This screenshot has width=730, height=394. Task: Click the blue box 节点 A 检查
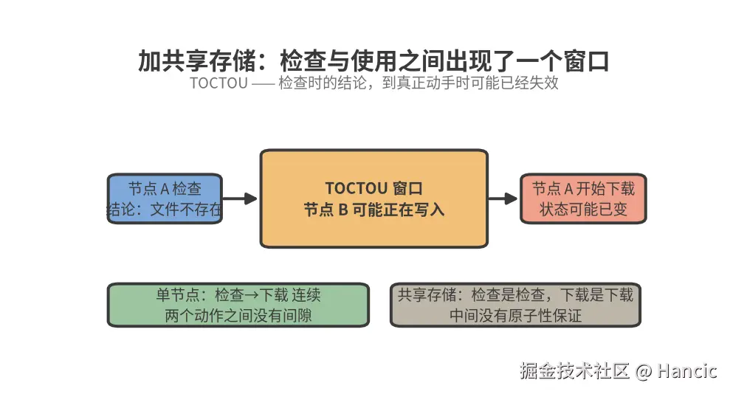pyautogui.click(x=165, y=198)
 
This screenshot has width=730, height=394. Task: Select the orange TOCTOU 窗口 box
pyautogui.click(x=373, y=198)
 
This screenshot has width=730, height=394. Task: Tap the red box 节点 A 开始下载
pyautogui.click(x=583, y=198)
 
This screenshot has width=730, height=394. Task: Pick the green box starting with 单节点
pyautogui.click(x=238, y=305)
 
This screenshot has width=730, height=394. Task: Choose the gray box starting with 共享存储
pyautogui.click(x=515, y=305)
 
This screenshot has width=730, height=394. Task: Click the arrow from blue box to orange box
pyautogui.click(x=240, y=198)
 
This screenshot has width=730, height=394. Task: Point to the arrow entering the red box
pyautogui.click(x=503, y=198)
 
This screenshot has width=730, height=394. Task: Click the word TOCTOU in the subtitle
pyautogui.click(x=218, y=83)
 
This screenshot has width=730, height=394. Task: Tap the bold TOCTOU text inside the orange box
pyautogui.click(x=356, y=188)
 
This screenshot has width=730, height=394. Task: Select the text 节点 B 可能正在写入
pyautogui.click(x=373, y=210)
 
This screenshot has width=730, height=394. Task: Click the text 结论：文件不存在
pyautogui.click(x=165, y=210)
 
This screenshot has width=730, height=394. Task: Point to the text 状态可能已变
pyautogui.click(x=583, y=210)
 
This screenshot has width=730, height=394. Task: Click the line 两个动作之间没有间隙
pyautogui.click(x=238, y=316)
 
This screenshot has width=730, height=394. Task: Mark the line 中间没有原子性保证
pyautogui.click(x=515, y=316)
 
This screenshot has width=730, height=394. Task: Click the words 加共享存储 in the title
pyautogui.click(x=196, y=61)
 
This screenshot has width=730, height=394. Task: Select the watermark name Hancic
pyautogui.click(x=687, y=371)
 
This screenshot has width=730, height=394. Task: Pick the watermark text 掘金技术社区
pyautogui.click(x=575, y=371)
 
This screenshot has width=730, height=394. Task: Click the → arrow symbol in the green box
pyautogui.click(x=252, y=295)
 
